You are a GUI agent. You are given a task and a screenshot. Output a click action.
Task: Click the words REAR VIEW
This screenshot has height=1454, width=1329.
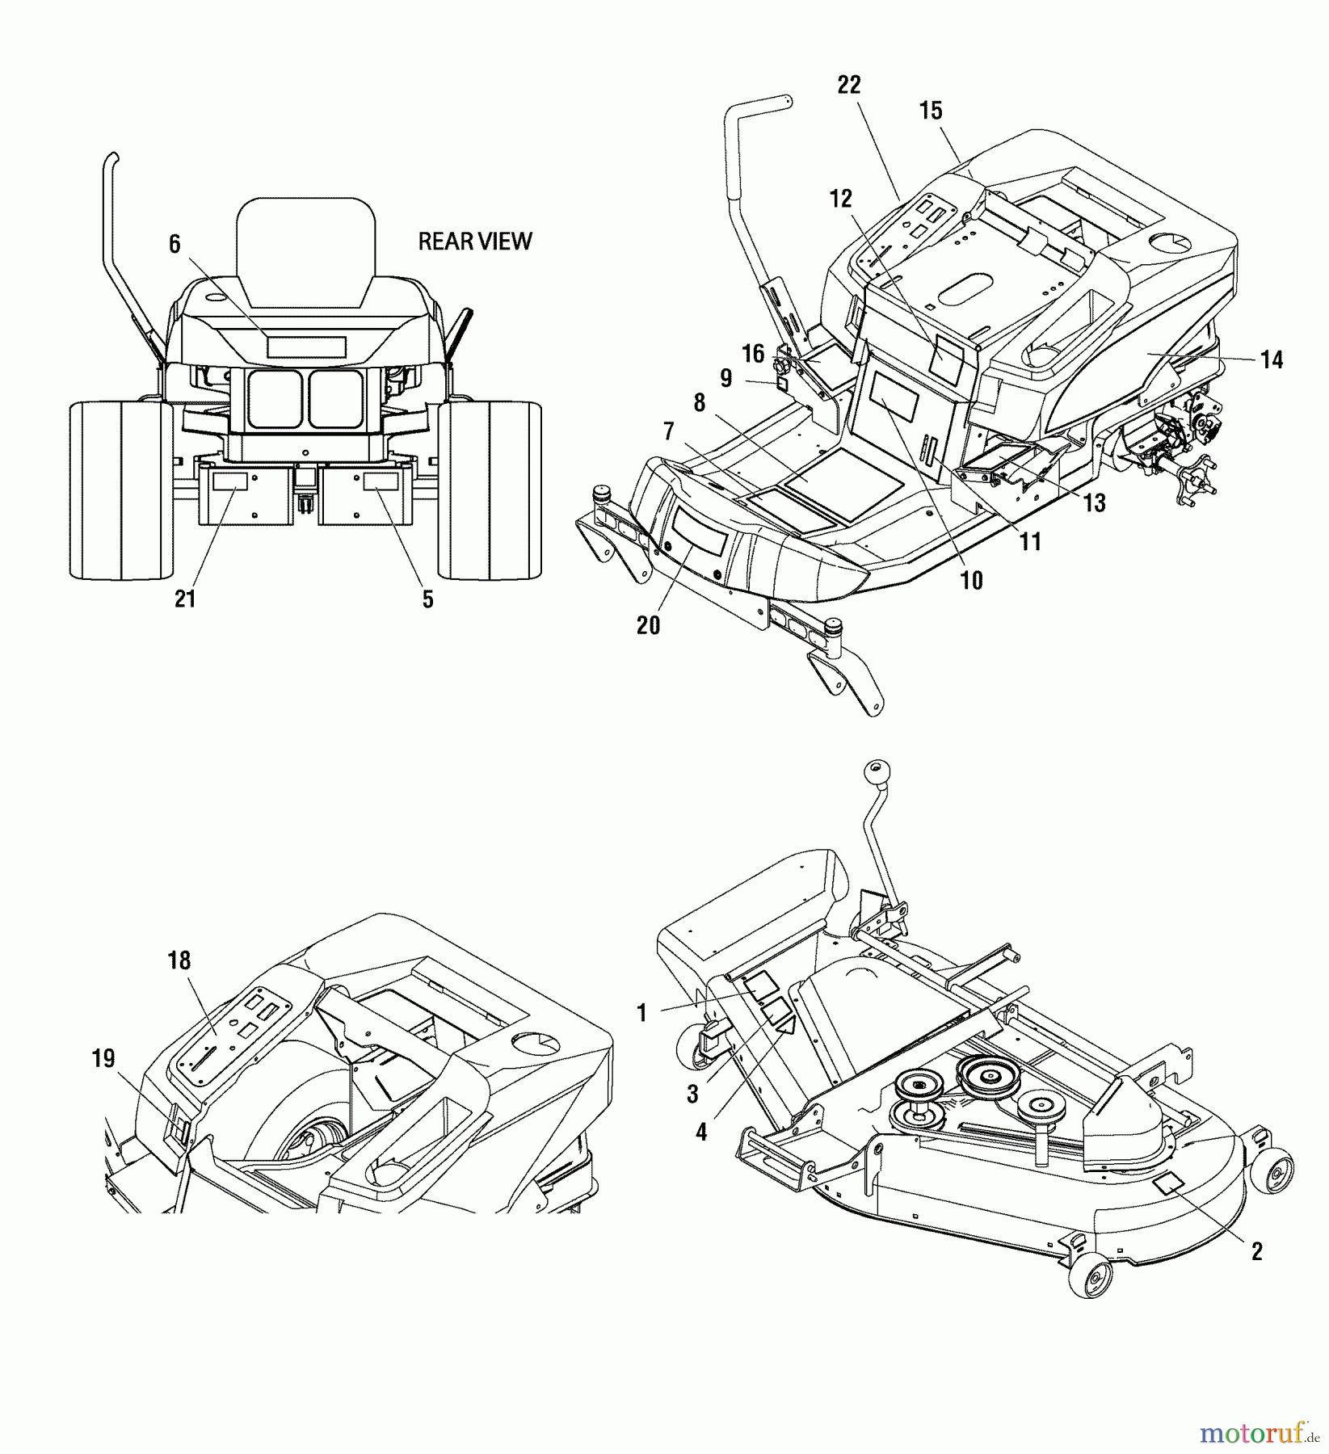[474, 241]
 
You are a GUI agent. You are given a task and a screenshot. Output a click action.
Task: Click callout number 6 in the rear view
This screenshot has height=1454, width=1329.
[175, 244]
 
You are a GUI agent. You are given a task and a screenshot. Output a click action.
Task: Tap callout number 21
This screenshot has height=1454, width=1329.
[185, 599]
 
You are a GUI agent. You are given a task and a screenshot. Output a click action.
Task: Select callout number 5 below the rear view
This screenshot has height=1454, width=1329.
[427, 599]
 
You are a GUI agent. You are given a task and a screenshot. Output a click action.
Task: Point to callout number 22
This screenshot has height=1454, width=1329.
[849, 85]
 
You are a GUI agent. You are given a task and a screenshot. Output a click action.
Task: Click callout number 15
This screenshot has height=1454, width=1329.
[931, 111]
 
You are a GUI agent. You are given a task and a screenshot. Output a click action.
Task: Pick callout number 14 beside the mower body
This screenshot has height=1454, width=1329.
[1271, 359]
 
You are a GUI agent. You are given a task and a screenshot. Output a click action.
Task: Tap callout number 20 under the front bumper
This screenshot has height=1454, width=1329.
[648, 624]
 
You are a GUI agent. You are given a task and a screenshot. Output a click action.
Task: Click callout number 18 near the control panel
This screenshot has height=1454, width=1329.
[179, 960]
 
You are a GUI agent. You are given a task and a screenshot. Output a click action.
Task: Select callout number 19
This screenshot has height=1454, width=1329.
[103, 1058]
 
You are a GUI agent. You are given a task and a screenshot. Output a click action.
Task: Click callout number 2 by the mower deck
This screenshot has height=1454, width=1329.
[1256, 1251]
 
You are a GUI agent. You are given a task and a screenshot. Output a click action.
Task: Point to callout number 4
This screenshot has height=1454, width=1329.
[700, 1133]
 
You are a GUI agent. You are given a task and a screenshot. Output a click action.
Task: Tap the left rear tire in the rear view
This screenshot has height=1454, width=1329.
[121, 490]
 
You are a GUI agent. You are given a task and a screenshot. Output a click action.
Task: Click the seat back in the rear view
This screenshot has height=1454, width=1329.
[306, 250]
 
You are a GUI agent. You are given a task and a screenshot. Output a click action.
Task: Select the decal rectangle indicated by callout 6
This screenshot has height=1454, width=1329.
[306, 347]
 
